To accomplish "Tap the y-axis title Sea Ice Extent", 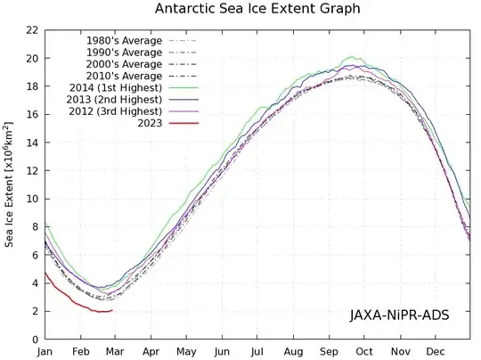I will [11, 184].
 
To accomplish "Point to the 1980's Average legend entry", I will [125, 41].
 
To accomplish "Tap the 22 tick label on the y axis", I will [31, 30].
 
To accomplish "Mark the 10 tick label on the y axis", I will [31, 199].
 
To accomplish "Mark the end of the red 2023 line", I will [112, 310].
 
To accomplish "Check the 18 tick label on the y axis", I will [31, 86].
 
